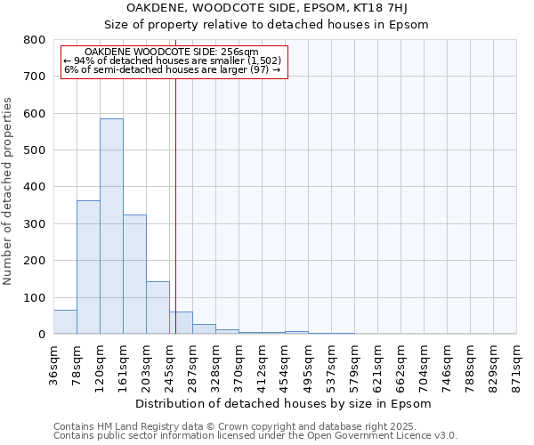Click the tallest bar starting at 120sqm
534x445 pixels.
pos(111,226)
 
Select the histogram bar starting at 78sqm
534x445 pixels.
pos(88,267)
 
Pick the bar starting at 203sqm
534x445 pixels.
pos(158,308)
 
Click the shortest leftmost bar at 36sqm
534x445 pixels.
pos(65,322)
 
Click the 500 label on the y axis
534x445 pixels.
pos(35,150)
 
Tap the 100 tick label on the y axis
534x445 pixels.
pos(35,297)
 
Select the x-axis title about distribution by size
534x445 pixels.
pos(285,404)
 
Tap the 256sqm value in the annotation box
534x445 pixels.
pos(240,53)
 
